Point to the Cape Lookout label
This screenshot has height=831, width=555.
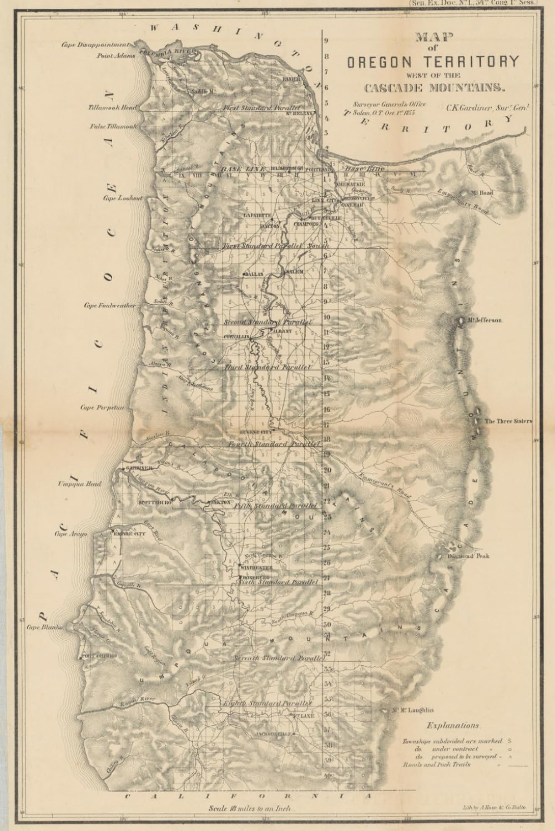[122, 198]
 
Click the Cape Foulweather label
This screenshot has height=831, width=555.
[109, 305]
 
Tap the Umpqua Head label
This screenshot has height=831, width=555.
[80, 484]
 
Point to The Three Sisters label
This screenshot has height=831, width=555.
[508, 421]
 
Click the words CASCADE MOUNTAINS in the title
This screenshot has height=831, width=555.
[434, 88]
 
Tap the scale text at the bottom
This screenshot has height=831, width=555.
[251, 809]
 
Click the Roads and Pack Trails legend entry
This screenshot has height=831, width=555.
[436, 764]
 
